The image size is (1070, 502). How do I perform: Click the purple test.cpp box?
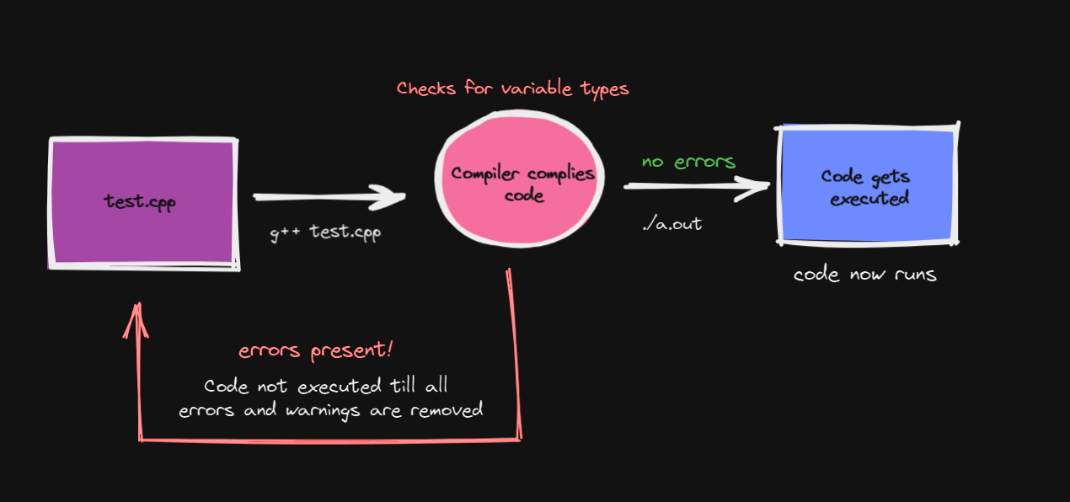(x=142, y=202)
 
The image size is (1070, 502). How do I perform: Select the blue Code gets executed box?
(x=868, y=185)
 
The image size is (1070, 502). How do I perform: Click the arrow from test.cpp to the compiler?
(x=329, y=198)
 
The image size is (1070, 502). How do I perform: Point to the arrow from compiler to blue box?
(x=695, y=188)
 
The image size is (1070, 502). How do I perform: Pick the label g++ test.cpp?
(x=325, y=231)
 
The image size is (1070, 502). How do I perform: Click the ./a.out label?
(x=671, y=224)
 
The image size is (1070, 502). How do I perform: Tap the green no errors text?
(x=688, y=161)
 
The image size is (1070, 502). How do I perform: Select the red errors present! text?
(x=315, y=351)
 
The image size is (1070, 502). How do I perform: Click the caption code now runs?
(x=864, y=275)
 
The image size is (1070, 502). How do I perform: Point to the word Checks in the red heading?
(x=427, y=88)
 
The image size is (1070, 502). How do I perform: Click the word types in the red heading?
(x=604, y=89)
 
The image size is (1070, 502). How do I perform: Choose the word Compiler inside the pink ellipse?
(x=486, y=174)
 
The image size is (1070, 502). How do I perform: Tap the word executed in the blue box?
(x=869, y=199)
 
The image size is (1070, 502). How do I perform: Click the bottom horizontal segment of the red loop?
(x=329, y=439)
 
